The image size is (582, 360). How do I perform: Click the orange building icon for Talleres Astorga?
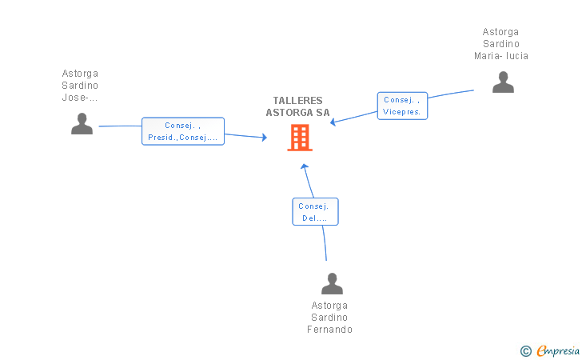point(300,138)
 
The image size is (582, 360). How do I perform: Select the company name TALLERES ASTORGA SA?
point(297,106)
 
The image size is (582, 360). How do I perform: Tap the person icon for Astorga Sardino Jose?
point(82,123)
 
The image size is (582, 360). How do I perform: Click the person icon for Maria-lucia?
point(503,82)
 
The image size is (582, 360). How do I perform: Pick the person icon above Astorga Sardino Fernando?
point(332,283)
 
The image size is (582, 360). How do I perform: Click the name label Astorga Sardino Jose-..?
point(80,86)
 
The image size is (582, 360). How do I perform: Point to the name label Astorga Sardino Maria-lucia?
point(501,44)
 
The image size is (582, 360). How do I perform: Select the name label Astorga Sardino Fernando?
point(329,318)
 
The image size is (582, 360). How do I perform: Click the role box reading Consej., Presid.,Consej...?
point(183,131)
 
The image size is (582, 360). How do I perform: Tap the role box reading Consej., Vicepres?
point(402,106)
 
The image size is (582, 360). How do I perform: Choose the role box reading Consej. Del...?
point(315,211)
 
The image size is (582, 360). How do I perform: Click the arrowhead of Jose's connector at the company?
point(264,138)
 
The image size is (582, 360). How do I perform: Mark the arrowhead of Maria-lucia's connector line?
point(334,122)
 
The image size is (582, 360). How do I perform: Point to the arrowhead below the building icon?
point(304,166)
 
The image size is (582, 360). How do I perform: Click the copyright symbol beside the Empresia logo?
point(525,350)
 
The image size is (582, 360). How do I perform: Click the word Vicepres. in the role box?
point(402,112)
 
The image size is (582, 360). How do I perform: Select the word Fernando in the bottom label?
point(329,330)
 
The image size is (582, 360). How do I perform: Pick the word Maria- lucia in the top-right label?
point(501,56)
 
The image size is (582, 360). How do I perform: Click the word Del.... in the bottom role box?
point(315,218)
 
